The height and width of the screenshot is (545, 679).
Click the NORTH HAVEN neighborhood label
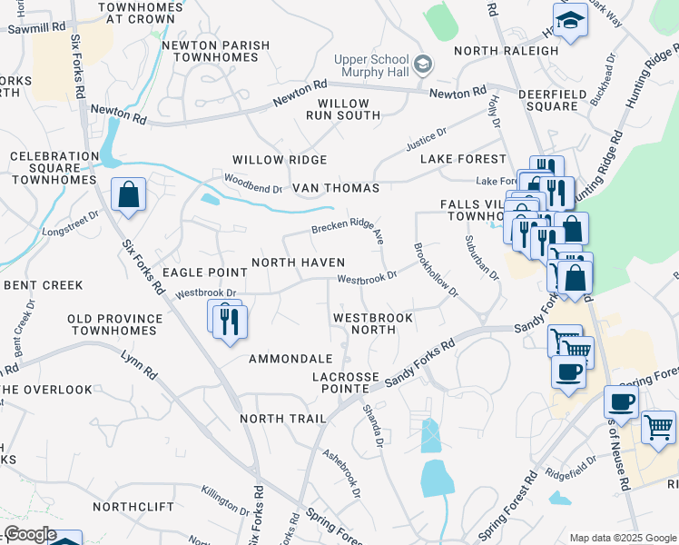298,263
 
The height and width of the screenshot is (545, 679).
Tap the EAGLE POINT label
204,272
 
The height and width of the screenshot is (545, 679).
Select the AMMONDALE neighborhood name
290,359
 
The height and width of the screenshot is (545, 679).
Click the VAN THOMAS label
335,188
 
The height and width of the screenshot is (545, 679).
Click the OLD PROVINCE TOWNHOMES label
115,326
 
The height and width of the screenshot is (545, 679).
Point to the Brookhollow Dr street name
436,270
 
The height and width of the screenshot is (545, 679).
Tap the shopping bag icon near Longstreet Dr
129,194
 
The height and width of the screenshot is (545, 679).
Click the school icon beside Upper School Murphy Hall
423,65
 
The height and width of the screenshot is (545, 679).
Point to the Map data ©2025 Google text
622,538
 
